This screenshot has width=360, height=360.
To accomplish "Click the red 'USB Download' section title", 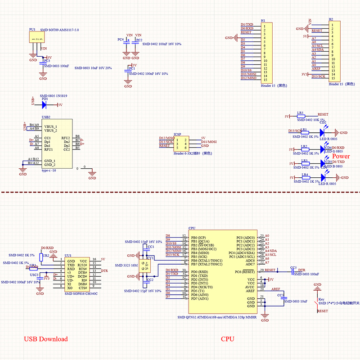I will (45, 339).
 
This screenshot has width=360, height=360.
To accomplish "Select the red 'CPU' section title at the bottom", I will (227, 339).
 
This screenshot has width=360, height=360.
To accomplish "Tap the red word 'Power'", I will (341, 156).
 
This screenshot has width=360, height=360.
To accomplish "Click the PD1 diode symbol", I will (45, 105).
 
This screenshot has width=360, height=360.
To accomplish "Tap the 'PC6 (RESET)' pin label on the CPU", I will (244, 271).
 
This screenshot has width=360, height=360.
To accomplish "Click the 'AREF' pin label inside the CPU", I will (250, 291).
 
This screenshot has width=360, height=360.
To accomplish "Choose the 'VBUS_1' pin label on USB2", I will (50, 126).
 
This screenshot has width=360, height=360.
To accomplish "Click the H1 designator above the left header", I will (263, 21).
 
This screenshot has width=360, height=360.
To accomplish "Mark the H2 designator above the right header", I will (331, 20).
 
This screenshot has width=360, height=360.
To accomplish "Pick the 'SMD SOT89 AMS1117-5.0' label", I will (59, 30).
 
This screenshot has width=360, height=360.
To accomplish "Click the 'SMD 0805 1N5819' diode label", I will (54, 96).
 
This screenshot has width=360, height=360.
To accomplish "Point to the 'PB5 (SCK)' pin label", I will (199, 256).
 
